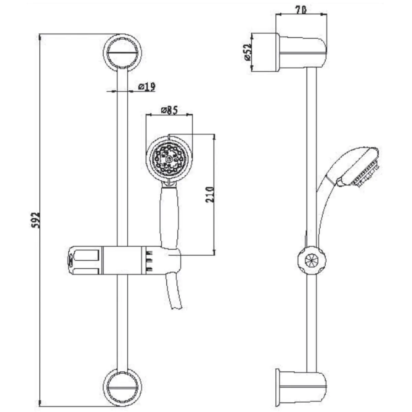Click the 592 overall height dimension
point(36,220)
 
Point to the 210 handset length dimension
point(210,194)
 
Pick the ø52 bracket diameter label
point(248,52)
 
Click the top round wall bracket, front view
point(122,53)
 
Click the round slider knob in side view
point(312,260)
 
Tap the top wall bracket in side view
point(302,52)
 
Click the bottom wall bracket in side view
point(301,388)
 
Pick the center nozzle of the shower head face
point(169,159)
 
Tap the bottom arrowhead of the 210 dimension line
point(214,252)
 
